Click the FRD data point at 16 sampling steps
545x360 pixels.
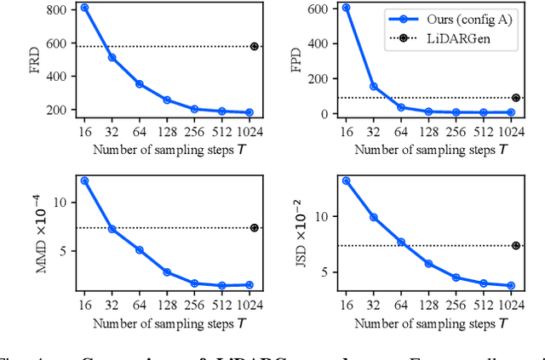pos(83,7)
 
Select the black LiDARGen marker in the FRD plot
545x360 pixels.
pos(254,46)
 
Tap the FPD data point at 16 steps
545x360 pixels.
pos(346,7)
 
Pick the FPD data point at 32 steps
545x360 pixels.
pos(373,86)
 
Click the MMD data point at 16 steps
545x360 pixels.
pos(83,180)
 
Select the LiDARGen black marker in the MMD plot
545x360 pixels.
pos(254,228)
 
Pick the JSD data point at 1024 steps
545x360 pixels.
pos(510,286)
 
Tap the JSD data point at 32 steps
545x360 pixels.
pos(373,217)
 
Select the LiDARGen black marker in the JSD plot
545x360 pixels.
pos(516,245)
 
